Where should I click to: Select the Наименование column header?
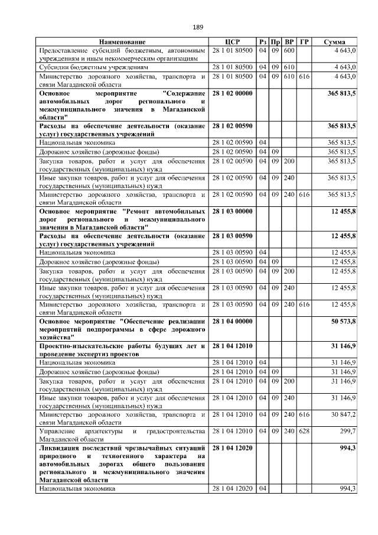click(x=122, y=42)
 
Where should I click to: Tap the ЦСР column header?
click(x=232, y=42)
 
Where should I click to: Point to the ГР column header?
click(x=304, y=42)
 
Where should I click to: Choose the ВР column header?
click(x=289, y=42)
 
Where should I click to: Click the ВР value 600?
click(x=289, y=51)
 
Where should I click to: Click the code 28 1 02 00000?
click(x=232, y=94)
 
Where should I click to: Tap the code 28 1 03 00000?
click(x=232, y=211)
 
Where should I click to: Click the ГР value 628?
click(x=304, y=435)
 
